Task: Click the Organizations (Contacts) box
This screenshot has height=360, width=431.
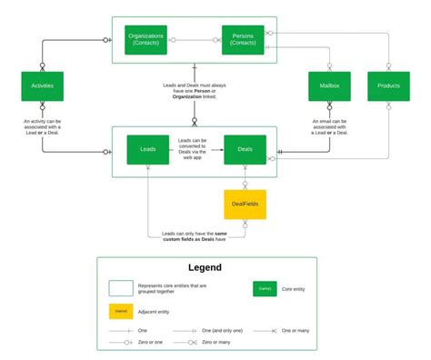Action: click(145, 40)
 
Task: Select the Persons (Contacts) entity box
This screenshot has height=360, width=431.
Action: click(243, 40)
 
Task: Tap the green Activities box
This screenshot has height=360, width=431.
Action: click(42, 85)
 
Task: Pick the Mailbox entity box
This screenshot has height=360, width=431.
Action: click(329, 85)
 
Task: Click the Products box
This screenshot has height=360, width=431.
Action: click(388, 85)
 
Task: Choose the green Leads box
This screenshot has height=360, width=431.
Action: click(147, 149)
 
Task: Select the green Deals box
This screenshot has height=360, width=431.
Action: click(244, 149)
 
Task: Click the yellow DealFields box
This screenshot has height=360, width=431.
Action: click(245, 204)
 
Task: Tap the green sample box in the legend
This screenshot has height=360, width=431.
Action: click(264, 289)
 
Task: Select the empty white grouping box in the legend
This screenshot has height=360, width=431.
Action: click(120, 289)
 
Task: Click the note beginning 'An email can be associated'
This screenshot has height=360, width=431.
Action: click(329, 127)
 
